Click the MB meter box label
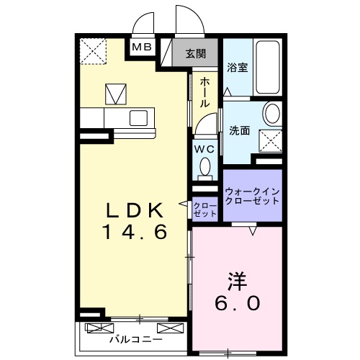click(140, 48)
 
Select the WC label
click(205, 149)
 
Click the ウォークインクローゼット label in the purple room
click(252, 196)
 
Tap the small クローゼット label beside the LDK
click(205, 210)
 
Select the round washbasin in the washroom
click(272, 114)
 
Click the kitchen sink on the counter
click(138, 117)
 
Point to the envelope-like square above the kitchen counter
click(114, 93)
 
